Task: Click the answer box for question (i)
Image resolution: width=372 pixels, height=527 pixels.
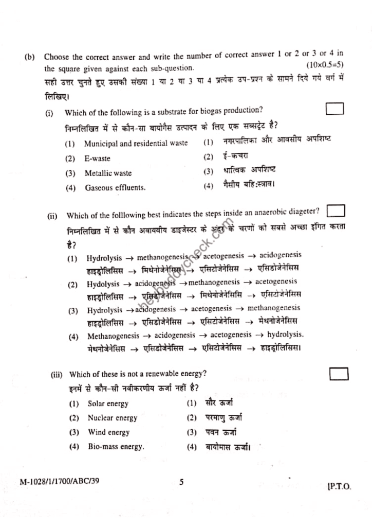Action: [334, 109]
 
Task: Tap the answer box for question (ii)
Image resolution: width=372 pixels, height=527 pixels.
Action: [336, 211]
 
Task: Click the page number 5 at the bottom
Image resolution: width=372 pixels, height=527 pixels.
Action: [181, 482]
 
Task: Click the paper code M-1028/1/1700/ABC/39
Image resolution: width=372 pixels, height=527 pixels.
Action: [60, 482]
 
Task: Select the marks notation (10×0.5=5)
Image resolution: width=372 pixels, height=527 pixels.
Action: [325, 65]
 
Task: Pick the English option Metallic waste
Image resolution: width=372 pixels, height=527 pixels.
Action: [108, 173]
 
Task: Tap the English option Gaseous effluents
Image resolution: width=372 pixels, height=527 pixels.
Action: [115, 188]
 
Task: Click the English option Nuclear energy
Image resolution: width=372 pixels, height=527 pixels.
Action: [113, 418]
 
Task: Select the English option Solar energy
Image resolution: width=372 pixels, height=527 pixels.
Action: [108, 404]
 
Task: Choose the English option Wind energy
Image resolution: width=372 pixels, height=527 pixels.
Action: [108, 432]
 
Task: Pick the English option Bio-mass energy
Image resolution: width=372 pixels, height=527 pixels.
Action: [116, 447]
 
